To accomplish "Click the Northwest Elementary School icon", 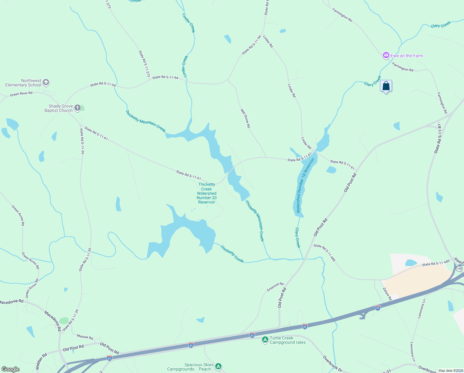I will pos(46,82).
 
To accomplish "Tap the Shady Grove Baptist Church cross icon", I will pos(78,108).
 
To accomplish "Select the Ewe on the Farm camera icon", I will pos(386,56).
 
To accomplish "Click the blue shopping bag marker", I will pos(386,86).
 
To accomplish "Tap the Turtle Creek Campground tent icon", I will pos(265,340).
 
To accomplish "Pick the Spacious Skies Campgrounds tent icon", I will pos(218,366).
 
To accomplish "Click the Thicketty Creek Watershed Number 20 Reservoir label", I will pos(207,193).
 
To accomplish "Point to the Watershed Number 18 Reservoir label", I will pos(305,185).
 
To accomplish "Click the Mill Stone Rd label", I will pos(245,118).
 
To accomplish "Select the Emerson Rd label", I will pos(275,287).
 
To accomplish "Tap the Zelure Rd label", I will pos(387,294).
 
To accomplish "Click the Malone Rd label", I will pos(85,337).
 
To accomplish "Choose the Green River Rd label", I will pos(21,94).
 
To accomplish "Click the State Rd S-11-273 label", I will pos(144,64).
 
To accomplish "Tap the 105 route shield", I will pos(459,269).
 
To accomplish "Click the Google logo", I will pos(11,369).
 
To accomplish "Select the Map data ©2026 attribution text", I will pos(450,371).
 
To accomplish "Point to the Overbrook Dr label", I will pos(332,364).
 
